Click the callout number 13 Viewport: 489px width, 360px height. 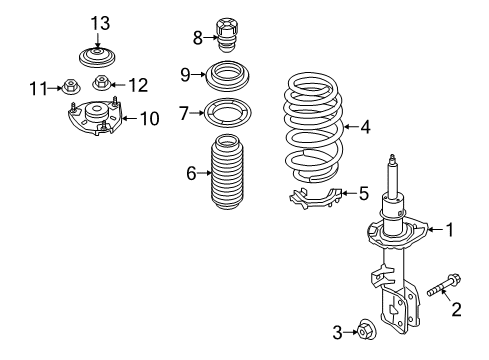click(98, 22)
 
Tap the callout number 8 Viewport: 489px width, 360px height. click(197, 38)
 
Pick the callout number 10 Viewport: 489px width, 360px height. click(148, 119)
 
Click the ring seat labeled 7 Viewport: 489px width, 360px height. click(227, 112)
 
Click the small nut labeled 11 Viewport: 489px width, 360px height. click(73, 87)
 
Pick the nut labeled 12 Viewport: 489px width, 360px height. click(100, 83)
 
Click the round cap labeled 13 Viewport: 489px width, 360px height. click(95, 55)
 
